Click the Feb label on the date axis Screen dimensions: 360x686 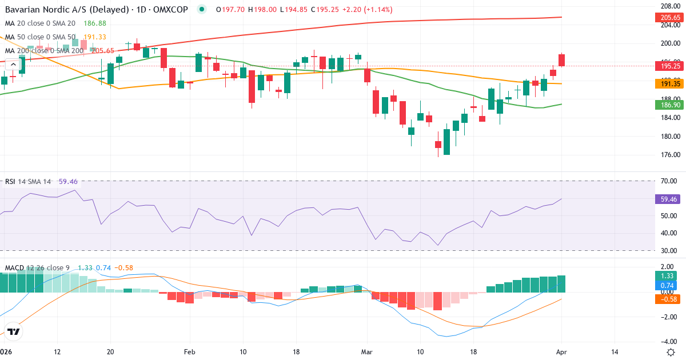[x=190, y=351]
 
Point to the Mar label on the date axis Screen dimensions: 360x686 [x=366, y=351]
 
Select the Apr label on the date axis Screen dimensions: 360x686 [x=561, y=351]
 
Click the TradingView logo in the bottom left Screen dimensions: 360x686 [x=14, y=331]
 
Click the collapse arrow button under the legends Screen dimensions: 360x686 [x=12, y=65]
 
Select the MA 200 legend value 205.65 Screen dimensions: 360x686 [x=103, y=51]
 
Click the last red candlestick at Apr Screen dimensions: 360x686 [x=561, y=60]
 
